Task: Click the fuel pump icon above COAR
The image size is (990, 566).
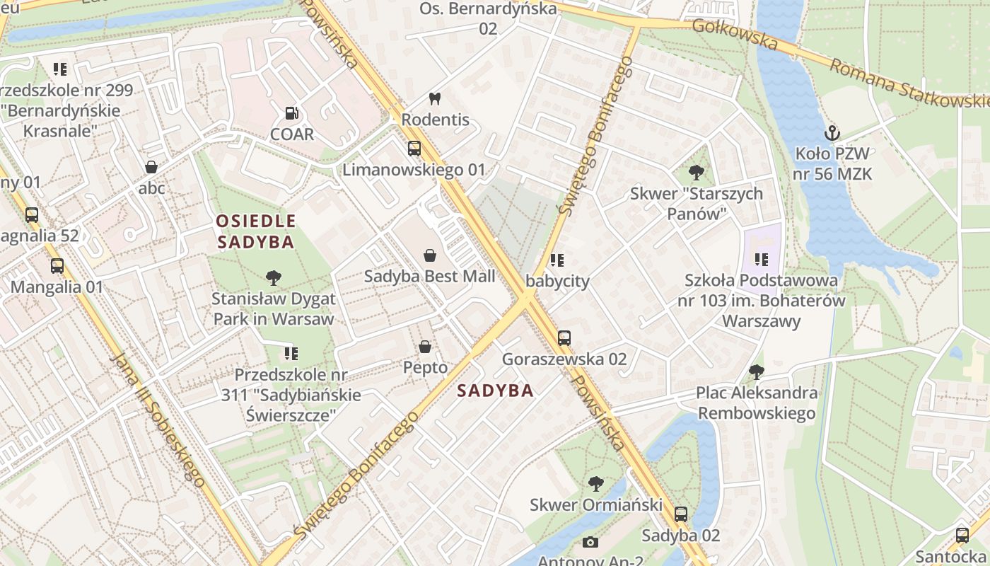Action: coord(291,113)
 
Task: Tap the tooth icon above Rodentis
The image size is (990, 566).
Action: coord(435,99)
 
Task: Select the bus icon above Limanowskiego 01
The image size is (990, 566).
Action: coord(414,149)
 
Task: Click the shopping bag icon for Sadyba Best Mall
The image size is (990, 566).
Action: coord(429,255)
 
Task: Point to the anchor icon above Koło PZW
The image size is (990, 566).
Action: coord(832,132)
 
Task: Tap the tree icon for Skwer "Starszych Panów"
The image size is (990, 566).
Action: coord(697,172)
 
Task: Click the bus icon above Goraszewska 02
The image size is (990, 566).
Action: coord(564,337)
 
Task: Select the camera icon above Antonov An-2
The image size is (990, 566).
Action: coord(590,543)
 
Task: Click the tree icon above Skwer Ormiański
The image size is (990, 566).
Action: coord(595,484)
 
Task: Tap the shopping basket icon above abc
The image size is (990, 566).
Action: coord(151,167)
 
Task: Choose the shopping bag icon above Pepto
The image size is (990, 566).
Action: coord(425,347)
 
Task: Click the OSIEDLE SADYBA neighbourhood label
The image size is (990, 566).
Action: coord(255,231)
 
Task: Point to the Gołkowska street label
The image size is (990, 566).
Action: coord(735,35)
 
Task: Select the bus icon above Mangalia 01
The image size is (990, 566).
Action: coord(57,266)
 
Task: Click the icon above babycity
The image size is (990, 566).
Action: coord(557,260)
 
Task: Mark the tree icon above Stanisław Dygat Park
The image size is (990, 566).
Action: coord(273,277)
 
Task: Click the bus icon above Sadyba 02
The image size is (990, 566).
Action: coord(680,514)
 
